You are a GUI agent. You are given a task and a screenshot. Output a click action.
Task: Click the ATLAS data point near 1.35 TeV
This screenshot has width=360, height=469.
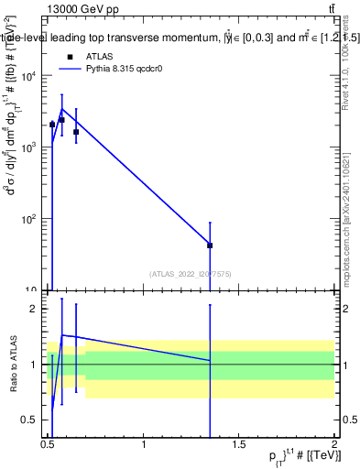tap(211, 245)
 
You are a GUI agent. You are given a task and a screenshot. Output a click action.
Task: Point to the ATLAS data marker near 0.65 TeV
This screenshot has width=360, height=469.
tap(76, 132)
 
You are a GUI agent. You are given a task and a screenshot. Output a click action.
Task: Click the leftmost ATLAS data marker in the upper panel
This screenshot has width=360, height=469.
tap(52, 124)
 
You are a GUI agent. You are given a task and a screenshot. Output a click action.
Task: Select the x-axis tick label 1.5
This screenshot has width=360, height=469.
tap(238, 444)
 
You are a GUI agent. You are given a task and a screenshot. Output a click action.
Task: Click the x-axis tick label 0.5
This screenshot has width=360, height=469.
tap(48, 444)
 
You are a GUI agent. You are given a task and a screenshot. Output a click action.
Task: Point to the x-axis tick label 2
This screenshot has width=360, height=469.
tap(333, 444)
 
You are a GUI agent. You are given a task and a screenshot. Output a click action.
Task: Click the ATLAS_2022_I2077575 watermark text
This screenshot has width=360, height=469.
tap(191, 273)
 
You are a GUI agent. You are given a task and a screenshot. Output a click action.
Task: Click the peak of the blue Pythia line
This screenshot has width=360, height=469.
tap(61, 109)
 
